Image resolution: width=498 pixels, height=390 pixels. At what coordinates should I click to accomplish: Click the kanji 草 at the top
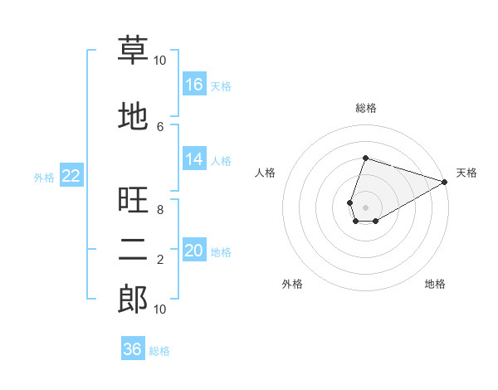(133, 50)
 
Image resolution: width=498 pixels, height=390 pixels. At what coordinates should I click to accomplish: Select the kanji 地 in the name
(133, 116)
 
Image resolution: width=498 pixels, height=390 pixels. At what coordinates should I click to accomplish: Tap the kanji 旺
(133, 199)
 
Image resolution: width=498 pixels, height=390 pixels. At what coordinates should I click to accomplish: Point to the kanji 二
(133, 250)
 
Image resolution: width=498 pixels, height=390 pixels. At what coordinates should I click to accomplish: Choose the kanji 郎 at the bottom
(133, 299)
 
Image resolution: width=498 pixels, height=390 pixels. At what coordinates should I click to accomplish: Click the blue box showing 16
(194, 84)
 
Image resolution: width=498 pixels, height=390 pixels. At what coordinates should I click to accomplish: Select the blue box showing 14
(194, 158)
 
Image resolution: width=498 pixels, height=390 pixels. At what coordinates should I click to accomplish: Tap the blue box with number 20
(194, 249)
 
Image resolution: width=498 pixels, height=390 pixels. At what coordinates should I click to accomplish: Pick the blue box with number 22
(71, 175)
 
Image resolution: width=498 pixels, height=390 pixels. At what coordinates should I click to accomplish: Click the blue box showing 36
(133, 348)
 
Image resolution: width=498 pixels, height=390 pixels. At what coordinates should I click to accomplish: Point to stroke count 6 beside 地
(160, 127)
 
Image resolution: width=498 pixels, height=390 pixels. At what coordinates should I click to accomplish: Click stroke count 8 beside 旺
(160, 210)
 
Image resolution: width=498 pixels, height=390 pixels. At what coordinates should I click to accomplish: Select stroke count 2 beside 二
(160, 260)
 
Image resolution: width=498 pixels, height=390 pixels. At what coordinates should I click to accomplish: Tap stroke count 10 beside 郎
(159, 310)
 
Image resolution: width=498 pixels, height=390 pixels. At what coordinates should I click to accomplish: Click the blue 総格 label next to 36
(159, 351)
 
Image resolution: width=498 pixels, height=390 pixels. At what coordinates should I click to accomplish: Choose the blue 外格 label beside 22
(44, 178)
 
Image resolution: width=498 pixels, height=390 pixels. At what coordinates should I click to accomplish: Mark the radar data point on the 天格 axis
(445, 182)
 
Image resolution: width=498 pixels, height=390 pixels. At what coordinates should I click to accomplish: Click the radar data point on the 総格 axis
(365, 158)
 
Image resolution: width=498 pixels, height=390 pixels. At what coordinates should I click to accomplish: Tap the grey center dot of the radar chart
(365, 207)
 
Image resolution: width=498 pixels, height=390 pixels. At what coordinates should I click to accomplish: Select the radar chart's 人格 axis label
(265, 173)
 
